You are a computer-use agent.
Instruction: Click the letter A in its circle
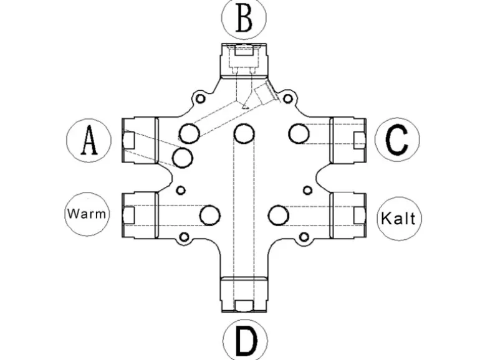tap(89, 140)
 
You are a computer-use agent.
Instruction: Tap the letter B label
tap(244, 19)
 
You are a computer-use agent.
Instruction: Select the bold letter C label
tap(397, 140)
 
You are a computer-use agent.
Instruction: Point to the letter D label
tap(245, 340)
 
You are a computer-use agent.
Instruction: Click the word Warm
tap(87, 214)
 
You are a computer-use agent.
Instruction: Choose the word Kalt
tap(400, 219)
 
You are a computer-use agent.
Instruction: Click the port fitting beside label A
tap(139, 140)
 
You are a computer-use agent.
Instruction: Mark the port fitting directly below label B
tap(244, 59)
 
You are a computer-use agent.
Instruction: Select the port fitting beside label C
tap(350, 140)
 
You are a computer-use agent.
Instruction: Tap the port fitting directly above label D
tap(244, 294)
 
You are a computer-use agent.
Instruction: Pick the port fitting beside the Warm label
tap(139, 215)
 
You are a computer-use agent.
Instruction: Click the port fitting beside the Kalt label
tap(350, 215)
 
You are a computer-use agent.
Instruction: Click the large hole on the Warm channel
tap(210, 215)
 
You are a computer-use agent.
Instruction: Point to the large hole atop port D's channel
tap(244, 133)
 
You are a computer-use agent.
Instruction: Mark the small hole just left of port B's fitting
tap(199, 98)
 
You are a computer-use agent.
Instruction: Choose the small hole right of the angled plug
tap(287, 98)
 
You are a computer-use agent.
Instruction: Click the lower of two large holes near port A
tap(182, 158)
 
